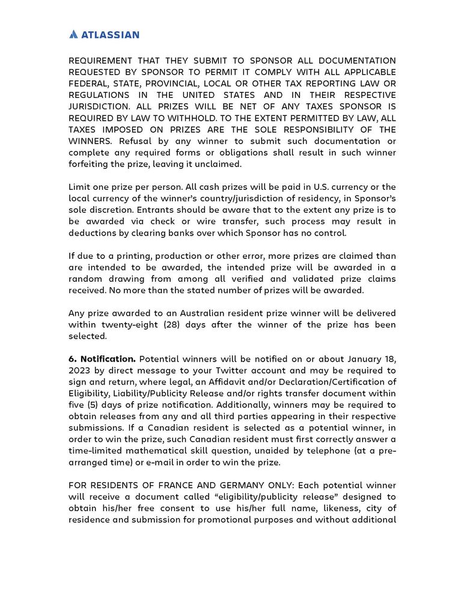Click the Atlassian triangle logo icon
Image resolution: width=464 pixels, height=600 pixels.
73,34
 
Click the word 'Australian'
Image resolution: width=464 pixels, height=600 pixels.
207,313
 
